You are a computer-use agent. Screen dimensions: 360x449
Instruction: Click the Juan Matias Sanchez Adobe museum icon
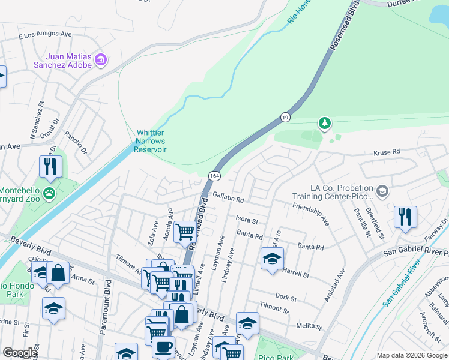coord(100,60)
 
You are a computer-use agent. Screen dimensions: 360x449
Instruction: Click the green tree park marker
coord(325,124)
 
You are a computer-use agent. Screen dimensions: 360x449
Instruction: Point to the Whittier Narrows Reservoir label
coord(151,141)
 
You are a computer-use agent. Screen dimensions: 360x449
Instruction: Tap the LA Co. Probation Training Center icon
coord(382,192)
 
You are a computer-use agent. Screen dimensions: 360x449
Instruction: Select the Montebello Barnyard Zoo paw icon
coord(49,193)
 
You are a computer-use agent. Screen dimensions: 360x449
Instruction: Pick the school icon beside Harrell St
coord(272,259)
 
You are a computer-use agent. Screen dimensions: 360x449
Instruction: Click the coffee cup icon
coord(163,346)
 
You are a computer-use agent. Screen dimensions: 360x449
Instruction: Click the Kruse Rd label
coord(387,152)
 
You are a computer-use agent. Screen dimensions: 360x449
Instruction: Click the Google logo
coord(20,353)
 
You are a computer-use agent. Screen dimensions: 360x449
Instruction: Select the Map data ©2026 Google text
coord(411,355)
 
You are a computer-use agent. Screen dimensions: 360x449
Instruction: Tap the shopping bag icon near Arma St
coord(59,273)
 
